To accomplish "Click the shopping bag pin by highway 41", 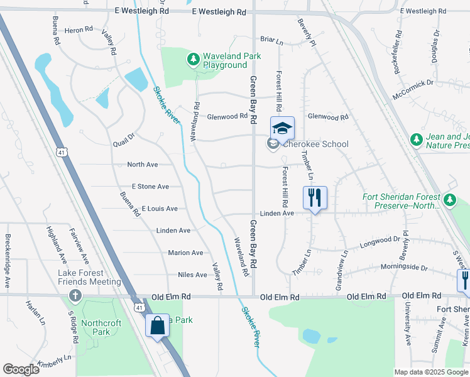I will click(x=157, y=326).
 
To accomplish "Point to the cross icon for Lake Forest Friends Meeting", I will click(x=75, y=295).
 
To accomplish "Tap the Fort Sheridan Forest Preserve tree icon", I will click(x=449, y=200).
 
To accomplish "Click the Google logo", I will click(x=21, y=369).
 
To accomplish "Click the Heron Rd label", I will click(x=79, y=30).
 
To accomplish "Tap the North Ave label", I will click(x=143, y=165).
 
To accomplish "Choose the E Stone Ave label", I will click(x=150, y=187).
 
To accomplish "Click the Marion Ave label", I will click(x=185, y=253).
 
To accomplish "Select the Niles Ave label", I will click(x=192, y=275).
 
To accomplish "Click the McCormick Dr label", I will click(x=412, y=83).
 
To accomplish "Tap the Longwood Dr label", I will click(x=380, y=239).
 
